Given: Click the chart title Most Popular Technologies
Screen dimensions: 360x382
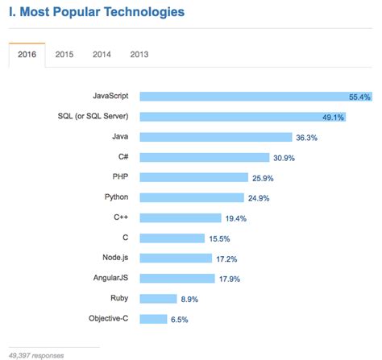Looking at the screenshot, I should pos(96,12).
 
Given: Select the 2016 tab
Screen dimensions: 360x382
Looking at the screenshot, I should pos(26,54).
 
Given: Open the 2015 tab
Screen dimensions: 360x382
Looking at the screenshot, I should pos(64,54).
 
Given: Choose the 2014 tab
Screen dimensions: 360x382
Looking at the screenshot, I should pos(102,54).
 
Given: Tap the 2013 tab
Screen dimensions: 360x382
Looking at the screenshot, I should pos(139,54).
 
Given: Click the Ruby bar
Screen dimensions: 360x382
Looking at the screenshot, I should pos(158,298).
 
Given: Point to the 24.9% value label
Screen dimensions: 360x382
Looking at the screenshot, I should pos(260,197).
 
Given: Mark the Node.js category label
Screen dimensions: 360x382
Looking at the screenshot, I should pos(114,257).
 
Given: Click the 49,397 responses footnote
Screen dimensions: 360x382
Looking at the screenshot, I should pos(36,354).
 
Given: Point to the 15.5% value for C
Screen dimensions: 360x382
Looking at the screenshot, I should pos(219,238).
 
